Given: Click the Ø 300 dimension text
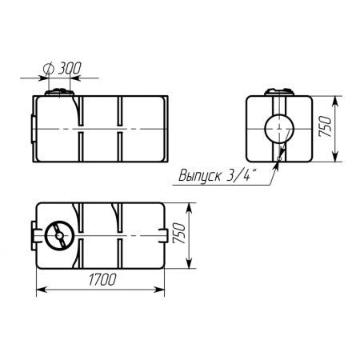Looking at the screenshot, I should click(x=64, y=69).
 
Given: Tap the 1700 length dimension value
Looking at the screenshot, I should click(x=101, y=279).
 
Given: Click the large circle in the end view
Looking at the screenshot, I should click(x=279, y=128).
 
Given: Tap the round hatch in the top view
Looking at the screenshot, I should click(x=58, y=236).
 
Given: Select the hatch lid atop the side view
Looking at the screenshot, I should click(x=59, y=94).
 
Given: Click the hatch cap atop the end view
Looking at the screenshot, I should click(x=279, y=94).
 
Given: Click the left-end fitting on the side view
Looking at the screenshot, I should click(x=32, y=127).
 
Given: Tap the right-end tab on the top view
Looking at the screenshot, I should click(x=166, y=235).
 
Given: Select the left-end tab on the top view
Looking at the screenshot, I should click(x=35, y=235).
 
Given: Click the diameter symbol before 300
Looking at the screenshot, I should click(x=50, y=69).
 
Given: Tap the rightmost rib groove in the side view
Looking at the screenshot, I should click(x=121, y=128).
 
